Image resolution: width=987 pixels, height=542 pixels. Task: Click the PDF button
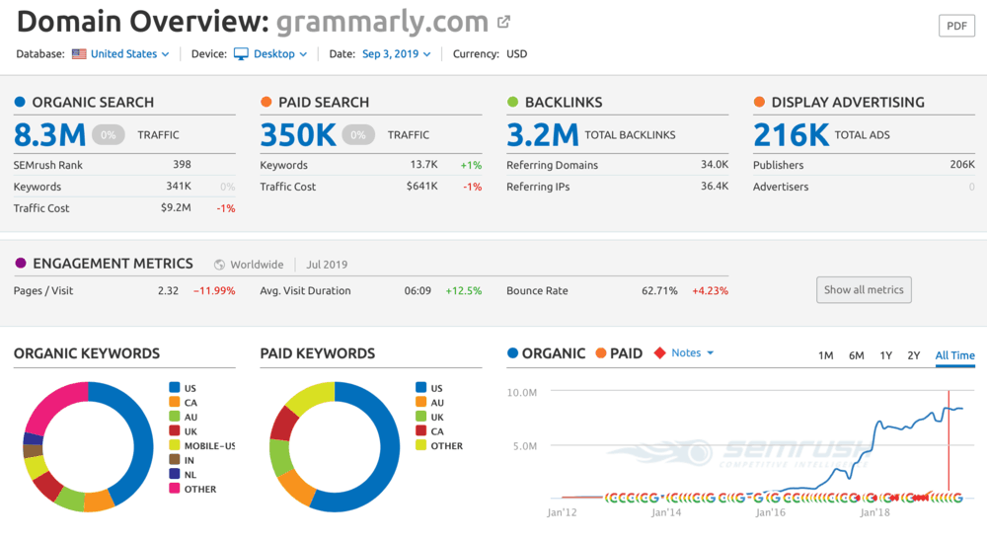[x=956, y=26]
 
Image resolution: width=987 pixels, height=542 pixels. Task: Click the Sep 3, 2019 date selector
[x=395, y=54]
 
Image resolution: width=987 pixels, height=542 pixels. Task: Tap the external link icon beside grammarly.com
[x=504, y=22]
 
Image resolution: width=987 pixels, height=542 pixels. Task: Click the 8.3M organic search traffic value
[x=48, y=134]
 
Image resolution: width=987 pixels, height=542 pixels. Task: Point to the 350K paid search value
[x=298, y=134]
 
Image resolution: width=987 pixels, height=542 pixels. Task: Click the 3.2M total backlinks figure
[x=543, y=134]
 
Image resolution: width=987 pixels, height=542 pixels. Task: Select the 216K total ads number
[x=791, y=134]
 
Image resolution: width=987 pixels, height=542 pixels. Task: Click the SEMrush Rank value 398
[x=182, y=165]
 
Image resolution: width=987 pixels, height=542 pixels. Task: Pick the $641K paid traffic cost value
[x=422, y=187]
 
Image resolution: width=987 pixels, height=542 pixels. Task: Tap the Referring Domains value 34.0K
[x=714, y=165]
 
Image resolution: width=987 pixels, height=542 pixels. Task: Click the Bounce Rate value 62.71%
[x=659, y=291]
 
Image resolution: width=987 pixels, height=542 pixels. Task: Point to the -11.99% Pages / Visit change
[x=214, y=291]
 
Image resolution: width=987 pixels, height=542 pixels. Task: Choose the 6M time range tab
[x=856, y=355]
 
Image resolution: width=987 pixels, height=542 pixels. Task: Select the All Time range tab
[x=954, y=355]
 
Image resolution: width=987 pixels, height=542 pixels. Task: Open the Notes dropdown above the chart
[x=691, y=352]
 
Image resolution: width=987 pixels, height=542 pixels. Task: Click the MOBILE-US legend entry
[x=209, y=445]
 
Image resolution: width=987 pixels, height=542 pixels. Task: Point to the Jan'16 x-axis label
[x=770, y=513]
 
